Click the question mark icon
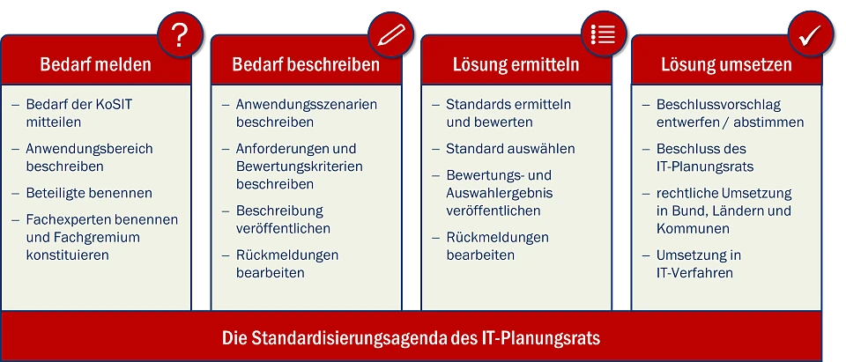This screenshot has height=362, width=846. coord(180,35)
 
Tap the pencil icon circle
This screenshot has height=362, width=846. coord(390,35)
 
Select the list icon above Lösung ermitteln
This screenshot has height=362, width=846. coord(604,34)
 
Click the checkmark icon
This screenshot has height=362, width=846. coord(811,35)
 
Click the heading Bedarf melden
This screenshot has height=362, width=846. coord(95,65)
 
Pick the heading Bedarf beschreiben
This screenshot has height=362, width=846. coord(306,65)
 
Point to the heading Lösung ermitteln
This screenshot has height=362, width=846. coord(516,65)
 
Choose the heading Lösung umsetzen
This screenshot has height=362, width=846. coord(726,65)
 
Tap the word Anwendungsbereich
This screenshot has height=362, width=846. coord(90,149)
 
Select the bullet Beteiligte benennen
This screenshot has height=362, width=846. coord(89,193)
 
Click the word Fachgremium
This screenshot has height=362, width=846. coord(97,238)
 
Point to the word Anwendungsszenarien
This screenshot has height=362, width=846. coord(307,105)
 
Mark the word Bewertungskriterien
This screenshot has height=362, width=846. coord(300,166)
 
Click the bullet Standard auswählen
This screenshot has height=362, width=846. coord(510,149)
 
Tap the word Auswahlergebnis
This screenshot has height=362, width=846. coord(500,193)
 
